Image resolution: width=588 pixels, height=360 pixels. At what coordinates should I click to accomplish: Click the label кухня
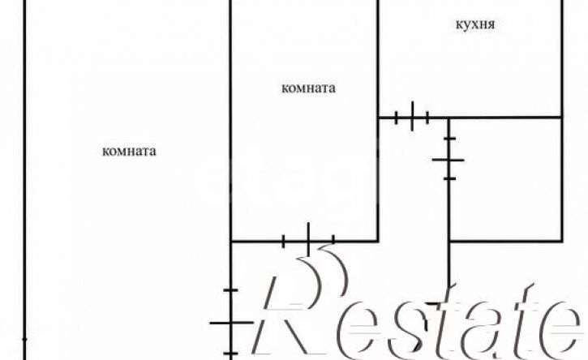point(475,25)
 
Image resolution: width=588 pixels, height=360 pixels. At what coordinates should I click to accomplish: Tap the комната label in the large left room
point(129,151)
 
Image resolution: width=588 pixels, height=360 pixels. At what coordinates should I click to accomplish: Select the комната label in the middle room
point(308,88)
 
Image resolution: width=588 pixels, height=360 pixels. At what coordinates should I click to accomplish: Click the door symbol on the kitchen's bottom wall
point(412,117)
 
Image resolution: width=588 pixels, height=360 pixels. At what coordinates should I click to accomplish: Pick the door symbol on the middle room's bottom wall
point(308,240)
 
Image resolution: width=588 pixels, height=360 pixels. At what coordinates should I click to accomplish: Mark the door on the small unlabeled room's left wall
point(449,160)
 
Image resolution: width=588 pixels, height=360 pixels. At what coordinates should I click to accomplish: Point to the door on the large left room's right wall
point(230,322)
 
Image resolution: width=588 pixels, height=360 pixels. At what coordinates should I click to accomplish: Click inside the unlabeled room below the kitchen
point(505,179)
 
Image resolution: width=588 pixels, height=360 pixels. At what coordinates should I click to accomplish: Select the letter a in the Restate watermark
point(483,328)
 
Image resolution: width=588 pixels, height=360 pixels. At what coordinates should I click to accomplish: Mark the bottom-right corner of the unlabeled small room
point(562,241)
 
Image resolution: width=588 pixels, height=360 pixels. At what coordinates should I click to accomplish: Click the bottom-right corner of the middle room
point(378,241)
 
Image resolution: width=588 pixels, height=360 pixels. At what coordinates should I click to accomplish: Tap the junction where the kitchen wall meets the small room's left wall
point(449,118)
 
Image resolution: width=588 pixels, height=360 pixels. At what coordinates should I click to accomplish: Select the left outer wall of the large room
point(25,180)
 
